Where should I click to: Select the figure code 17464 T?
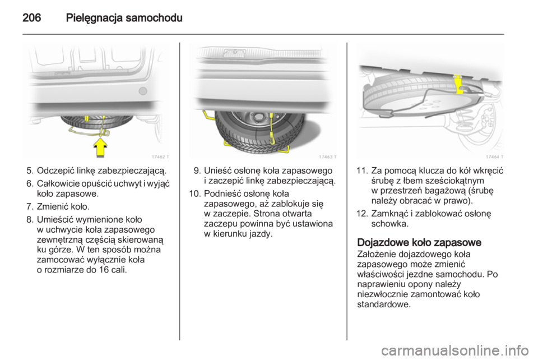pos(494,156)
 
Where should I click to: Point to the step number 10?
pos(196,194)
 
